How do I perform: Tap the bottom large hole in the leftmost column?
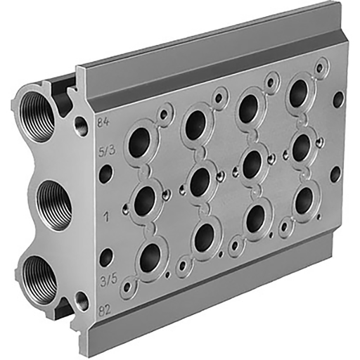[149, 258]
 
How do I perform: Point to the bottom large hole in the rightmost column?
[304, 200]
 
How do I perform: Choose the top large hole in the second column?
[198, 122]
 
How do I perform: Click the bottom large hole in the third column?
[255, 218]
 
